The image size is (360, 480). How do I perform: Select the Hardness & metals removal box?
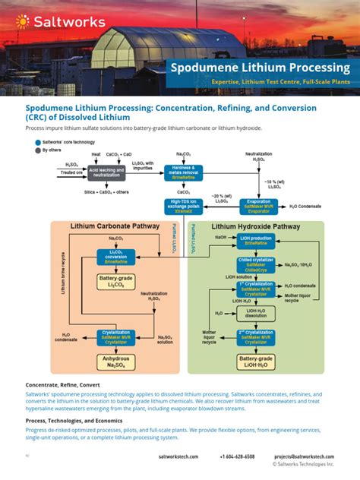(x=183, y=171)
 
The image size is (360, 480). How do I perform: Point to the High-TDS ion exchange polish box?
(x=183, y=206)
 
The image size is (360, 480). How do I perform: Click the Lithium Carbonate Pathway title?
(x=115, y=226)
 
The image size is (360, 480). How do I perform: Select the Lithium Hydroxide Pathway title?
(x=255, y=226)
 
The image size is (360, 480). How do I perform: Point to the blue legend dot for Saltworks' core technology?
(x=37, y=143)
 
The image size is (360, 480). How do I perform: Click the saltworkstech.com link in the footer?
(x=178, y=456)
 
